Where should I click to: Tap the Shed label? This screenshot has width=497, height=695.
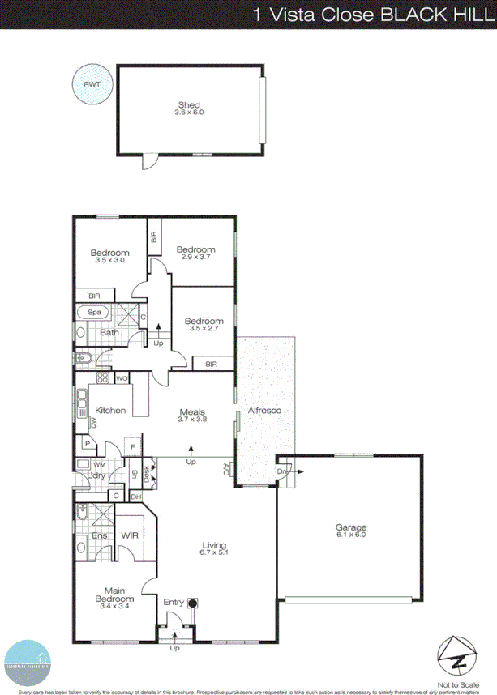pos(189,104)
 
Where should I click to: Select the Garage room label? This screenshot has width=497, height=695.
pos(351,527)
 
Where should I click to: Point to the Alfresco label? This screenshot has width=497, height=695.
pos(264,411)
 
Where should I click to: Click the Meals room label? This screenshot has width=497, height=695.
pos(192,411)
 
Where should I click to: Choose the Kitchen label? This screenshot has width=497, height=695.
pos(110,411)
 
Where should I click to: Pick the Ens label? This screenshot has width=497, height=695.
pos(100,535)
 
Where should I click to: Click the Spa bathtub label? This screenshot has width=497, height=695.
pos(94,312)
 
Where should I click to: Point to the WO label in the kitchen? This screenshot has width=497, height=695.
pos(122,378)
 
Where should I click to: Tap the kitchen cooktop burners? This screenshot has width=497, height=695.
pos(102,377)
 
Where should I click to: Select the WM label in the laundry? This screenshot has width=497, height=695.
pos(100,465)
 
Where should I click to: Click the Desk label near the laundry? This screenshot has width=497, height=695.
pos(146,471)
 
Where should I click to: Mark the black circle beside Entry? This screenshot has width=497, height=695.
pos(193,603)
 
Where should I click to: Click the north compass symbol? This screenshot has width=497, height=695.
pos(454,653)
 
